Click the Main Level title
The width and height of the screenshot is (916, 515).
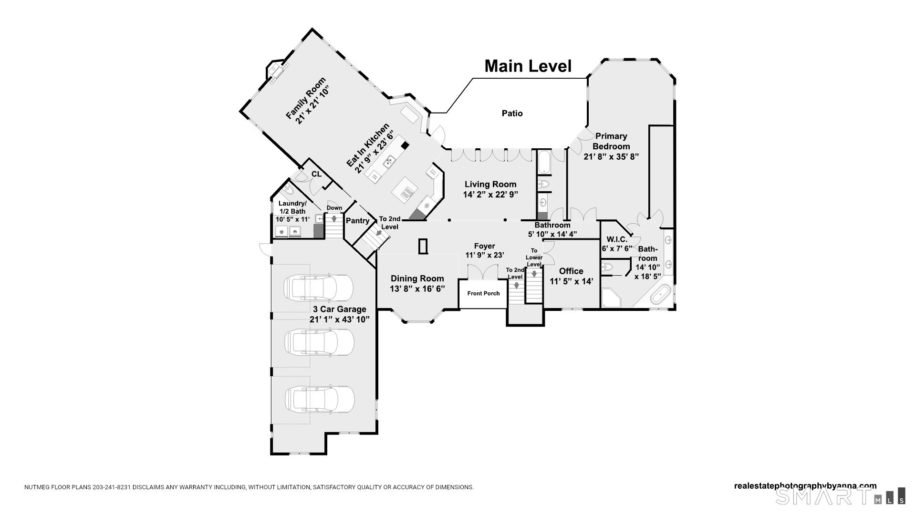coord(528,66)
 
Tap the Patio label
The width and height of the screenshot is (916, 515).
coord(512,113)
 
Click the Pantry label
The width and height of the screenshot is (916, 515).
coord(357,221)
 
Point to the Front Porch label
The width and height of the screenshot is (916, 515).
coord(483,293)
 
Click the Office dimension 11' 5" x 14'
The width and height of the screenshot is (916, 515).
coord(571,282)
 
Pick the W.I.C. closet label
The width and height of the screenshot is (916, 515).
coord(616,239)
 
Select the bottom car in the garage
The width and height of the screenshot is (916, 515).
coord(320,398)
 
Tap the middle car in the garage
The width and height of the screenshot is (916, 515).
coord(319,342)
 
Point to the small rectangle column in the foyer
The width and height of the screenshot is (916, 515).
coord(423,247)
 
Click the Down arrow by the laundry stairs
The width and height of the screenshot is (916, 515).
coord(334,219)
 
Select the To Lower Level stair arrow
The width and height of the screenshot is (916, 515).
coord(534,274)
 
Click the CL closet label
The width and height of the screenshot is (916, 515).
coord(316,175)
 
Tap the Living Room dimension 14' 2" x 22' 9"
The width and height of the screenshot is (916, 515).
coord(490,195)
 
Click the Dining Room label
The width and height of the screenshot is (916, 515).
coord(417,278)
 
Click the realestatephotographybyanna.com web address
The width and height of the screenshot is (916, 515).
coord(804,486)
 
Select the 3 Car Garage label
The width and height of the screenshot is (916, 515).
coord(339,309)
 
